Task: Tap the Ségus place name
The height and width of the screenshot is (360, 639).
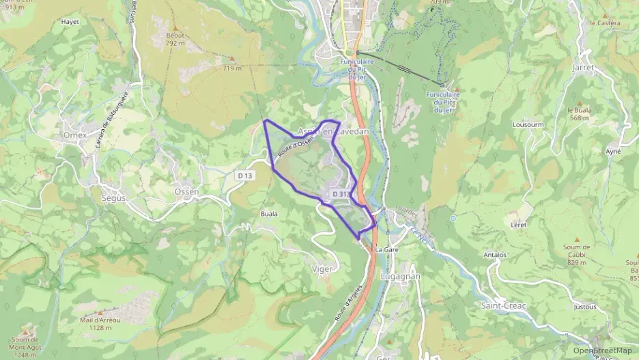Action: click(113, 197)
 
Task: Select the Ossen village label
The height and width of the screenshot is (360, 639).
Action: click(186, 192)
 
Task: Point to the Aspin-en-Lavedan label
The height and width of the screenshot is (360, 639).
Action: click(333, 131)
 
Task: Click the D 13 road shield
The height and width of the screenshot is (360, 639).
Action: click(246, 176)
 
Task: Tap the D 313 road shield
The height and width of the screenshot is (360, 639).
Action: click(341, 195)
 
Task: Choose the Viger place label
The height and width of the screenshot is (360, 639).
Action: click(322, 269)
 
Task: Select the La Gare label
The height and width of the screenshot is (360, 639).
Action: click(386, 250)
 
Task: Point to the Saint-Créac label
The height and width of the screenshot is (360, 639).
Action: click(504, 305)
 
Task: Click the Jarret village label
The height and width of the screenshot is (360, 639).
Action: click(585, 68)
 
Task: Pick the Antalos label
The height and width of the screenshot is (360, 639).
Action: click(495, 255)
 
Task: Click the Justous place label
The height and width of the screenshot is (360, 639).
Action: click(584, 307)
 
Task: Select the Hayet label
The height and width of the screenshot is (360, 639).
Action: click(70, 22)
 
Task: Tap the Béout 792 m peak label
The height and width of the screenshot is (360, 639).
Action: click(175, 39)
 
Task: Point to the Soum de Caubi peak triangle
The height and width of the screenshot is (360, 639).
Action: click(577, 240)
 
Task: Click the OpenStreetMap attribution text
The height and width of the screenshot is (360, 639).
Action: click(602, 350)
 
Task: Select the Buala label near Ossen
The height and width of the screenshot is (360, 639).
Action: click(269, 214)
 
